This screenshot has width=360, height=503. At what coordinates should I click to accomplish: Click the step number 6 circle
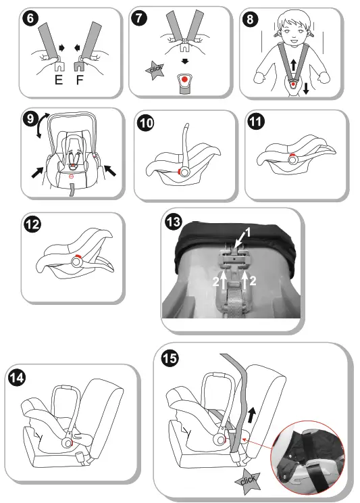coord(30,18)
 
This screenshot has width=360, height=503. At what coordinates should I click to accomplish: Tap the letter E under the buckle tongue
coord(59,80)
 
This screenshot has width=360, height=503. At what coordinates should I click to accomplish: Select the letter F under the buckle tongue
coord(80,80)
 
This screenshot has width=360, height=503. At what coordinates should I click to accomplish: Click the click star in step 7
coord(155,70)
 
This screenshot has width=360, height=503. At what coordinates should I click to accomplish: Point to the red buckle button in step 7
coord(184,79)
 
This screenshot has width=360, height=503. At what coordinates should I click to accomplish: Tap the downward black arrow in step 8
coord(306,88)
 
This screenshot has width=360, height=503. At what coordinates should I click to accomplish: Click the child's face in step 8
coord(293,31)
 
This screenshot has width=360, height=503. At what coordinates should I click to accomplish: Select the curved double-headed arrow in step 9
coord(41,125)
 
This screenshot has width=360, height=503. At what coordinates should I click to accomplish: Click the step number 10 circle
coord(145,123)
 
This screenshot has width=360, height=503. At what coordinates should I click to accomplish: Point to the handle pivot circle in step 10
coord(184,172)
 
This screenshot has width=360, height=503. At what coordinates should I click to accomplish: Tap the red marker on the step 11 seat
coord(292,155)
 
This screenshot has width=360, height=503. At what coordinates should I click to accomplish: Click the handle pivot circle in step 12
coord(76,262)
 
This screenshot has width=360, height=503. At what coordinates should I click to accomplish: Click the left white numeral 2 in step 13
coord(215,282)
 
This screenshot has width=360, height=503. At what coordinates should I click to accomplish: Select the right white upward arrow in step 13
coord(245,280)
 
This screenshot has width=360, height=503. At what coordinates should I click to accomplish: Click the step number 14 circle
coord(17,377)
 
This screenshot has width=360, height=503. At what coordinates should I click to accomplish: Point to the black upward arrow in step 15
coord(253,415)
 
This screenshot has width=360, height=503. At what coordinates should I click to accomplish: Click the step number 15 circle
coord(170,358)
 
